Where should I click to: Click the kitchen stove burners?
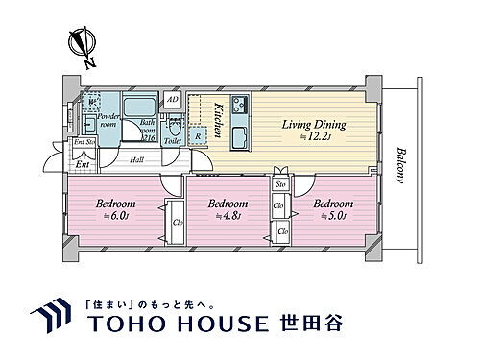[x=237, y=104]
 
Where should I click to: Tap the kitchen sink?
[x=239, y=132]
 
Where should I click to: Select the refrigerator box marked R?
[x=198, y=137]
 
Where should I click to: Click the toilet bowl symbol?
[x=175, y=125]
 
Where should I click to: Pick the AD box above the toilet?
[x=173, y=99]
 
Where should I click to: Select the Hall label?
[x=137, y=160]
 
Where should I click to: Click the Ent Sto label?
[x=84, y=143]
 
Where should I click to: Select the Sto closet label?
[x=281, y=184]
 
